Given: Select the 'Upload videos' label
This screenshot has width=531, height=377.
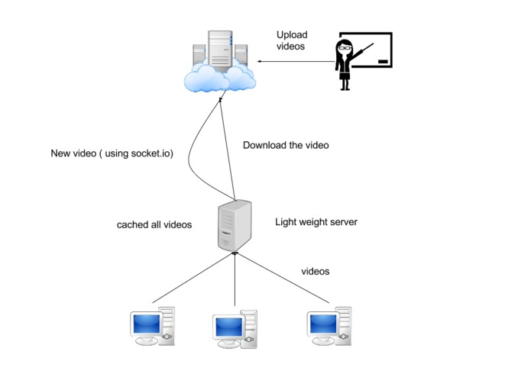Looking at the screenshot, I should pos(291,40).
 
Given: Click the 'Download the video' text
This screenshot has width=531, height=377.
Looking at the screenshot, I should pos(285,145).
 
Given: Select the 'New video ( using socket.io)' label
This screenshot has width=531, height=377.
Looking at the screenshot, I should pos(112,153).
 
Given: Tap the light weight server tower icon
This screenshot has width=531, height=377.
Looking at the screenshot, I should pos(234,224).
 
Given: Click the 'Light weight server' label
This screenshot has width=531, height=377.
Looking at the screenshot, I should pos(316,222).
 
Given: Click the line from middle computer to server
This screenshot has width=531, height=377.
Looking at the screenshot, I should pos(235,282).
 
